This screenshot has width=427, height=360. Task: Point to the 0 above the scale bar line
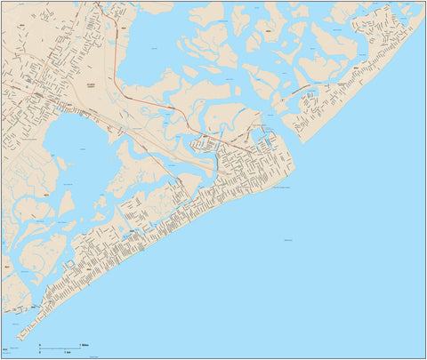coord(39,342)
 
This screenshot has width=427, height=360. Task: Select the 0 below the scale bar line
coord(39,353)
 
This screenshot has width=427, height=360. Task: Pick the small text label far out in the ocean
coord(288,241)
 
